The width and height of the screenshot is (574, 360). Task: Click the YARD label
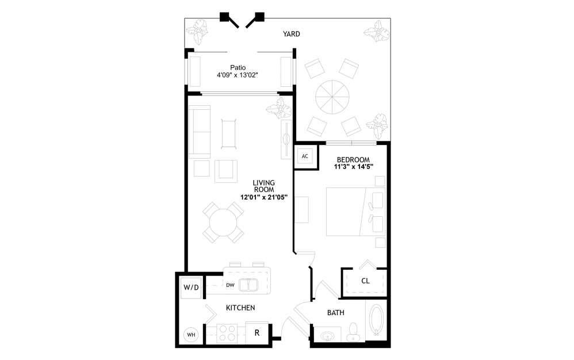(x=291, y=34)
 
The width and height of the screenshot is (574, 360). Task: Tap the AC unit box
(x=305, y=156)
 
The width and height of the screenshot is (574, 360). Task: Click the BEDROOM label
(x=353, y=159)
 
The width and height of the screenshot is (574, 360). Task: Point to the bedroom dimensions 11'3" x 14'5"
(x=353, y=167)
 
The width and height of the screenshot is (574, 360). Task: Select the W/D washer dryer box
(x=191, y=287)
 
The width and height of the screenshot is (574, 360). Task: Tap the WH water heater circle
(x=190, y=334)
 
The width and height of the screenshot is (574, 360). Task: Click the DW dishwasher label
(x=230, y=285)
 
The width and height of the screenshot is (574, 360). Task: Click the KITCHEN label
(x=240, y=308)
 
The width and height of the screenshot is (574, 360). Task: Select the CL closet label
(x=365, y=281)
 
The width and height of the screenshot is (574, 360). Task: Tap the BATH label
(x=335, y=313)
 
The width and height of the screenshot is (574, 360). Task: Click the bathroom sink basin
(x=327, y=335)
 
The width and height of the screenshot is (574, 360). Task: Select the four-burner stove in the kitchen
(x=227, y=334)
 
